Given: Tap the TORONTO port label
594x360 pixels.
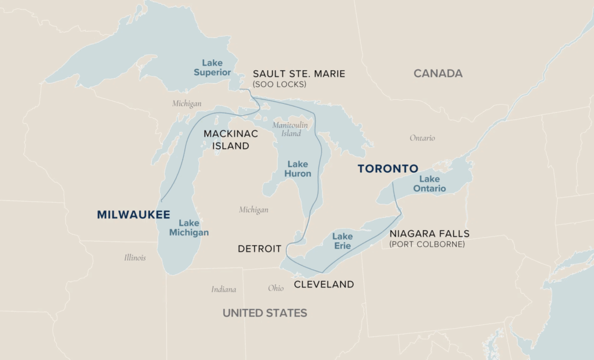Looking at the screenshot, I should click(387, 169).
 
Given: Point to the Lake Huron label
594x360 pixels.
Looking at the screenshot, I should click(298, 169).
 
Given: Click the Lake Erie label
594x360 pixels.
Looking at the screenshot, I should click(342, 241).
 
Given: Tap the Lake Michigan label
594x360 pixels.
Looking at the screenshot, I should click(189, 227).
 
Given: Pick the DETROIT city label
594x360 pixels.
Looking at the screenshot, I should click(259, 249).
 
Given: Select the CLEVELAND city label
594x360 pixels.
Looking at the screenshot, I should click(324, 284).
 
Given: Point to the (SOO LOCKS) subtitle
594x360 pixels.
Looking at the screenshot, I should click(280, 85).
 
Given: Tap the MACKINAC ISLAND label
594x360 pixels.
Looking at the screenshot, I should click(230, 140).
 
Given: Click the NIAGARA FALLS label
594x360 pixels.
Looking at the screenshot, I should click(429, 234).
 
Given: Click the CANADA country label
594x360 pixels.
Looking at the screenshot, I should click(438, 74).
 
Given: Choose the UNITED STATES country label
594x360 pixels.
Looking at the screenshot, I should click(265, 313).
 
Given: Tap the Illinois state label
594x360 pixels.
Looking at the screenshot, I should click(135, 257).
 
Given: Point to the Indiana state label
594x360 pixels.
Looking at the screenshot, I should click(223, 289).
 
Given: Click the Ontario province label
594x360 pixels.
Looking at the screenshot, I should click(422, 138).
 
